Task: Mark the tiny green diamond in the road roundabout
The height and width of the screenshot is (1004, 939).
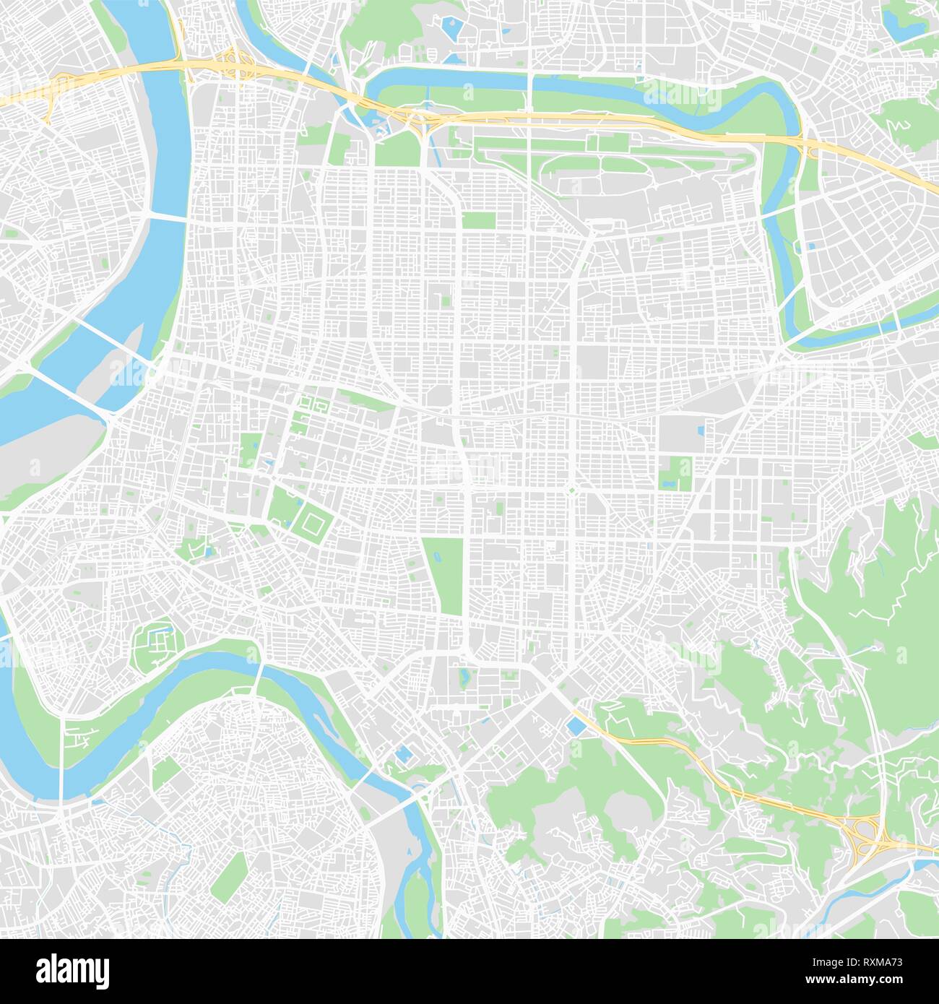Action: coord(570,492)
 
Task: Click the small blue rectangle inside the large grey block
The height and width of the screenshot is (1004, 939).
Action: coord(700,432)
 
